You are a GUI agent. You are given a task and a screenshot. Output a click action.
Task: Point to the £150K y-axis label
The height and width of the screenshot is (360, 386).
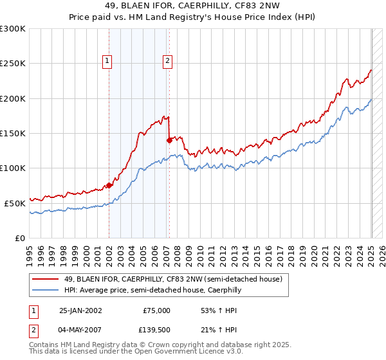13,133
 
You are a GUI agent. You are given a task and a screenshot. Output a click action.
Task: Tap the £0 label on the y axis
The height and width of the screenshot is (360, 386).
21,238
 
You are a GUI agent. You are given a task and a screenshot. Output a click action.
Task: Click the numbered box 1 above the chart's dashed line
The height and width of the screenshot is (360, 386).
107,61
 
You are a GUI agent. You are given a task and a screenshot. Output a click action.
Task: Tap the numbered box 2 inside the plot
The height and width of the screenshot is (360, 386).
167,61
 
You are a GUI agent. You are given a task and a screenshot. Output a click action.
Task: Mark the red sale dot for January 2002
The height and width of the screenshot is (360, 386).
109,185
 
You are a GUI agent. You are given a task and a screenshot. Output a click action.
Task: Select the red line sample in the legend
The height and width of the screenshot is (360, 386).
46,279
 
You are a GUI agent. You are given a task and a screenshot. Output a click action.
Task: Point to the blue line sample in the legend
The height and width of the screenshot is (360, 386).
46,290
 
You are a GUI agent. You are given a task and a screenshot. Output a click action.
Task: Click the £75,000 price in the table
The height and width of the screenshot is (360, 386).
155,310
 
